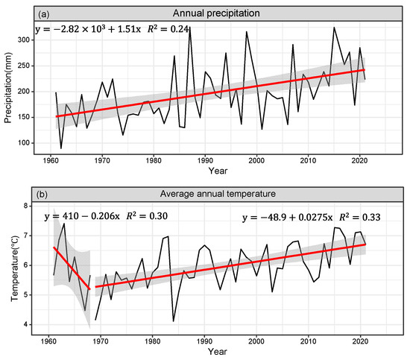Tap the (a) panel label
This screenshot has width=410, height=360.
pos(45,13)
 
